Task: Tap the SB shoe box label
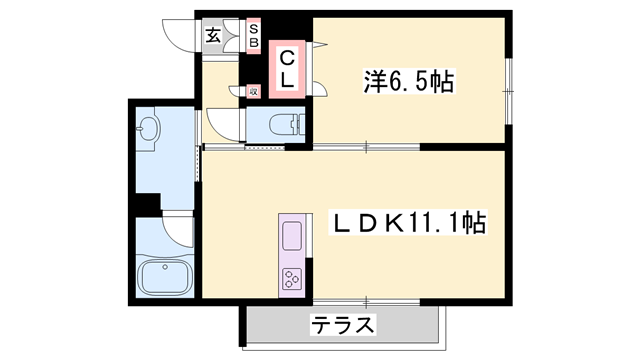coord(253,37)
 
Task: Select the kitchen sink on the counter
coord(292,237)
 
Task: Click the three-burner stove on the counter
coord(292,278)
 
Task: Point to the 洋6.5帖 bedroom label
coord(407,82)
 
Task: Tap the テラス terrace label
coord(343,325)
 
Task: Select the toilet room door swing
coord(221,126)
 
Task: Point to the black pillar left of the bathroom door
coord(146,204)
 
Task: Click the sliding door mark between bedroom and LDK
coord(366,148)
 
